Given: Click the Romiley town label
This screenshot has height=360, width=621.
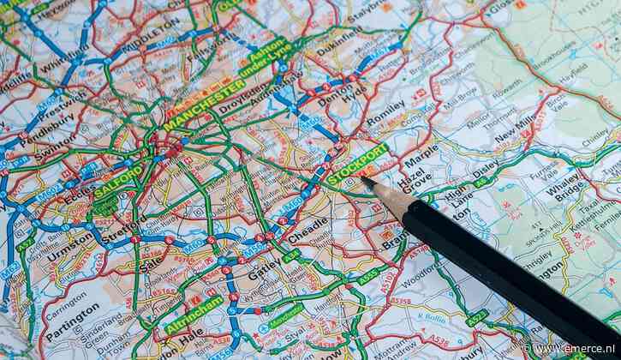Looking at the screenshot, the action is point(385,111).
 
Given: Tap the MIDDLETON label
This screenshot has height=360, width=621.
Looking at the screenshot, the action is point(149,34).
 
